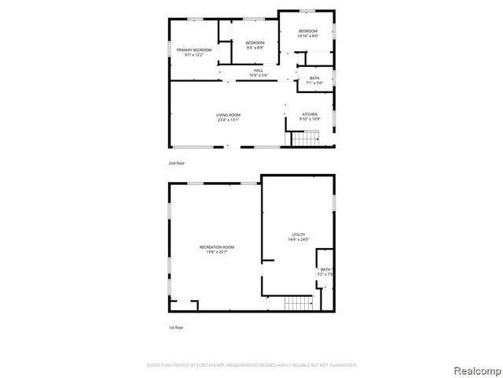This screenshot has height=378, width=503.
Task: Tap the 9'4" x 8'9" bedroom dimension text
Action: [x=255, y=47]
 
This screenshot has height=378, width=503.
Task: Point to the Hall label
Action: [x=259, y=70]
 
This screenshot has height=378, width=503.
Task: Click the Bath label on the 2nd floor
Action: [x=314, y=78]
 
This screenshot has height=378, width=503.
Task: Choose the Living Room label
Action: [x=228, y=115]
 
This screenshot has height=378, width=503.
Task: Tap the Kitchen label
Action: [x=310, y=115]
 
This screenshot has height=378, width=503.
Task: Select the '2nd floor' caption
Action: [x=176, y=162]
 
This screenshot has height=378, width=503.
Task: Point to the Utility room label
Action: [x=298, y=235]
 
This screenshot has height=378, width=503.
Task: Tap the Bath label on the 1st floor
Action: [x=325, y=269]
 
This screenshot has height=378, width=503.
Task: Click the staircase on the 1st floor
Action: [x=298, y=304]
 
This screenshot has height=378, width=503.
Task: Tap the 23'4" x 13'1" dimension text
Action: [x=228, y=120]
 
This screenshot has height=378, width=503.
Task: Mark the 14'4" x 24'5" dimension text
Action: [x=298, y=239]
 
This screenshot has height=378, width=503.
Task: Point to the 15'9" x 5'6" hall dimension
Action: [x=259, y=75]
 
